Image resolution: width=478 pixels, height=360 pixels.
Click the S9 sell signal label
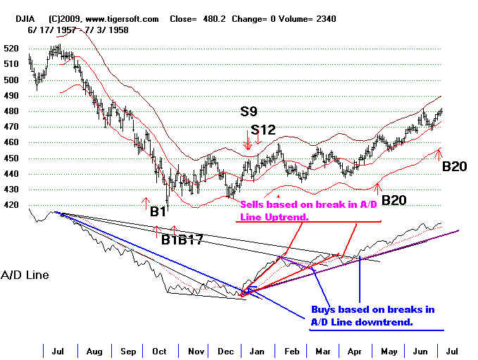click(248, 111)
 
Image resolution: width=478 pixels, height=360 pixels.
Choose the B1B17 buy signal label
click(182, 240)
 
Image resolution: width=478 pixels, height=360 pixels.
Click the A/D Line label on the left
click(25, 275)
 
